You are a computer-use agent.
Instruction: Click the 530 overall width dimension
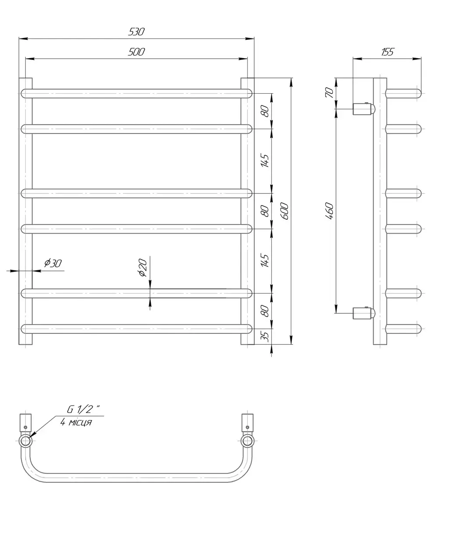[x=136, y=32]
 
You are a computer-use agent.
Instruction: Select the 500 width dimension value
[x=136, y=52]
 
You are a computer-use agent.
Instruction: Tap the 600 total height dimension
[x=285, y=211]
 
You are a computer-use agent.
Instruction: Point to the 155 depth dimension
[x=388, y=52]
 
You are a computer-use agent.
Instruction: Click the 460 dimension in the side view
[x=329, y=211]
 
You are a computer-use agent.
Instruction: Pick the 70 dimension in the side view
[x=329, y=93]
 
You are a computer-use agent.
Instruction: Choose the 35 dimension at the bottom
[x=265, y=337]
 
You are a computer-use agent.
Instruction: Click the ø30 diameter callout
[x=53, y=263]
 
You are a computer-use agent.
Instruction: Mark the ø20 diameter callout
[x=143, y=267]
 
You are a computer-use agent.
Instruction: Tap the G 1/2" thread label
[x=83, y=409]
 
